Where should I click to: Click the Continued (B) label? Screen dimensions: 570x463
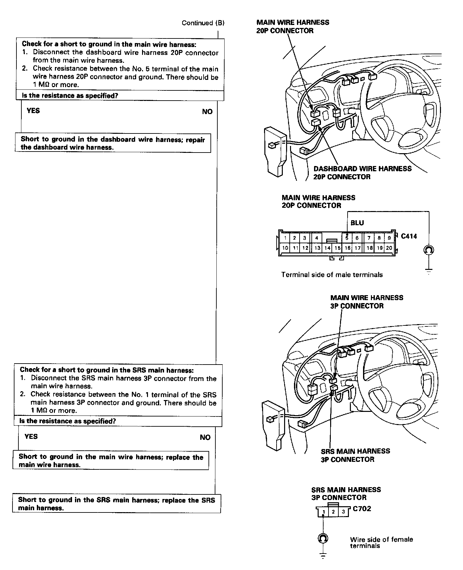tap(203, 23)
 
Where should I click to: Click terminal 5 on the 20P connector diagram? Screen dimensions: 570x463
tap(347, 238)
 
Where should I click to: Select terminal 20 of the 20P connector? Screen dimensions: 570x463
tap(389, 248)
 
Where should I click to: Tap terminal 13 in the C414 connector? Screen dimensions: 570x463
tap(317, 248)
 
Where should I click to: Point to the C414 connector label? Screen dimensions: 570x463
tap(409, 236)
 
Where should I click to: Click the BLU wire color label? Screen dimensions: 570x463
tap(357, 223)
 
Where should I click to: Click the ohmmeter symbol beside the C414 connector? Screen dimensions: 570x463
tap(429, 250)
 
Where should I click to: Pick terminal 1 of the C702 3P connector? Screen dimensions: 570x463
tap(324, 512)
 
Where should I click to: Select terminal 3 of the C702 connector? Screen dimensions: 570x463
tap(344, 511)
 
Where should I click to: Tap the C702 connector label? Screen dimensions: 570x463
tap(362, 509)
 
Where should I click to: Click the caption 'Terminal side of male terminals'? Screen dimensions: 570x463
tap(332, 274)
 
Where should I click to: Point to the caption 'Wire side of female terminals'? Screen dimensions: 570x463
tap(381, 542)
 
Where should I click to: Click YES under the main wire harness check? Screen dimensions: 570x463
tap(33, 111)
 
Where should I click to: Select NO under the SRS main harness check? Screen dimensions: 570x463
tap(205, 437)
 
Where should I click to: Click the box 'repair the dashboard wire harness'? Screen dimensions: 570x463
tap(113, 143)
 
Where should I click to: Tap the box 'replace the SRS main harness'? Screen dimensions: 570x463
tap(116, 504)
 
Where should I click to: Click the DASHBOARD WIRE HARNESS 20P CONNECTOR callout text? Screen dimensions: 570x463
tap(362, 173)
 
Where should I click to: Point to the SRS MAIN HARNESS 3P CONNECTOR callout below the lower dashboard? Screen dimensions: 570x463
tap(355, 455)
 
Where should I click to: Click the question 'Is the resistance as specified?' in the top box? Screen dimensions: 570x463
tap(70, 96)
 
